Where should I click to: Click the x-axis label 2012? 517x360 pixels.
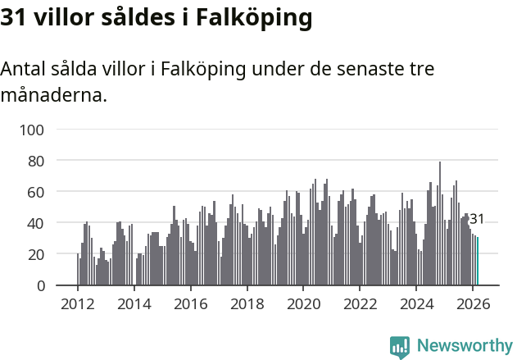(78, 303)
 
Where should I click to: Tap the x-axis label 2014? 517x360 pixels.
(134, 303)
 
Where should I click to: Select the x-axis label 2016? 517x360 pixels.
(191, 303)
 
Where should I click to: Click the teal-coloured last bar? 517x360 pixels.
(478, 262)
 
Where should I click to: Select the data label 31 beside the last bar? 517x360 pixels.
(477, 220)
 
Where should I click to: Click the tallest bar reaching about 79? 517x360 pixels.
(440, 223)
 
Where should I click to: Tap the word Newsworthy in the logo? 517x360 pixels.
(465, 346)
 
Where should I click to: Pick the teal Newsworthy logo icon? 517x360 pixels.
(400, 347)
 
